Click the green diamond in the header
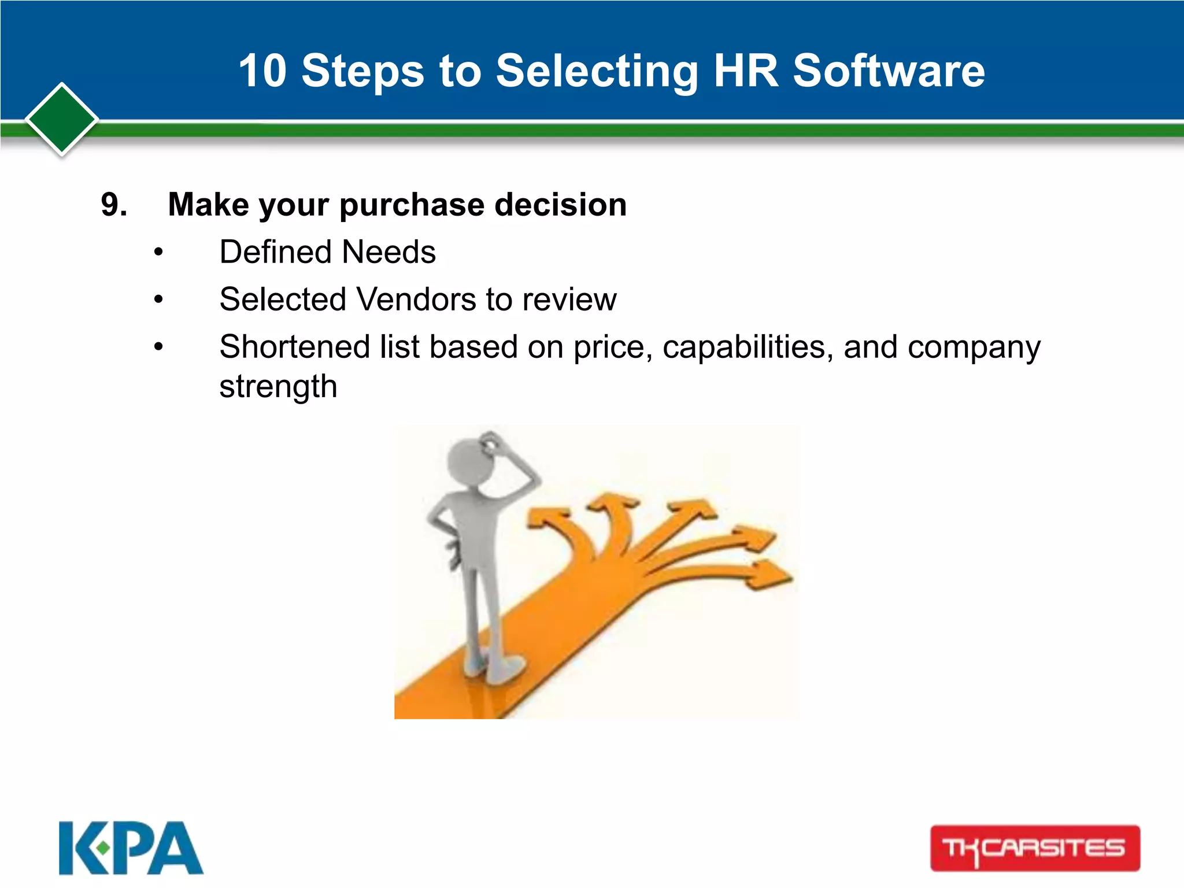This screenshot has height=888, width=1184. coord(62,119)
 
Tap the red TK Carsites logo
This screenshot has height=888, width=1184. coord(1035,848)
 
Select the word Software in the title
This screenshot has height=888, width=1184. coord(889,71)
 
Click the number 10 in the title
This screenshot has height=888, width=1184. coord(262,71)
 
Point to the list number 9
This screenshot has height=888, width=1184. coord(113,205)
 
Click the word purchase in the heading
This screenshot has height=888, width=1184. coord(412,206)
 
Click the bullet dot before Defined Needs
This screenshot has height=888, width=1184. coord(158,252)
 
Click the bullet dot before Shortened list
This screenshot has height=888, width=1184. coord(158,347)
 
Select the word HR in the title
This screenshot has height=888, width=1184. coord(745,71)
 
